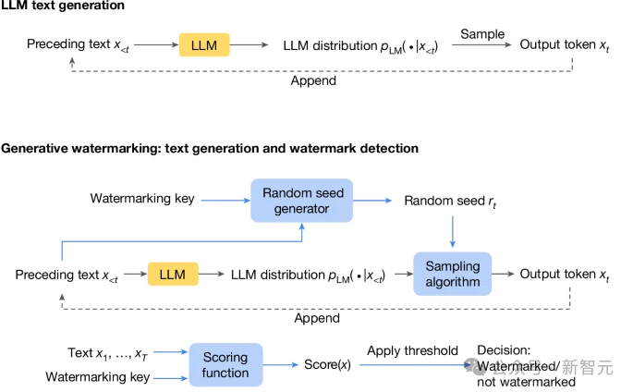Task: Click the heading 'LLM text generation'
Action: (62, 7)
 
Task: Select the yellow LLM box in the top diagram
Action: (204, 44)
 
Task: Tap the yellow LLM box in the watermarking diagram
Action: (173, 275)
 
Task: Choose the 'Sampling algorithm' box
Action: (453, 275)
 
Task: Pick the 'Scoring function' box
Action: (225, 365)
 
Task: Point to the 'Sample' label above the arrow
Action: (481, 34)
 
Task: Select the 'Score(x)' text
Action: (327, 365)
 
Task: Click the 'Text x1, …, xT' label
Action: (106, 352)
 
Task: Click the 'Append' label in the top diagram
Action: (314, 80)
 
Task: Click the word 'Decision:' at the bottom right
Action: (504, 351)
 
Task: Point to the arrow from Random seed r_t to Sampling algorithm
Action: (453, 231)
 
